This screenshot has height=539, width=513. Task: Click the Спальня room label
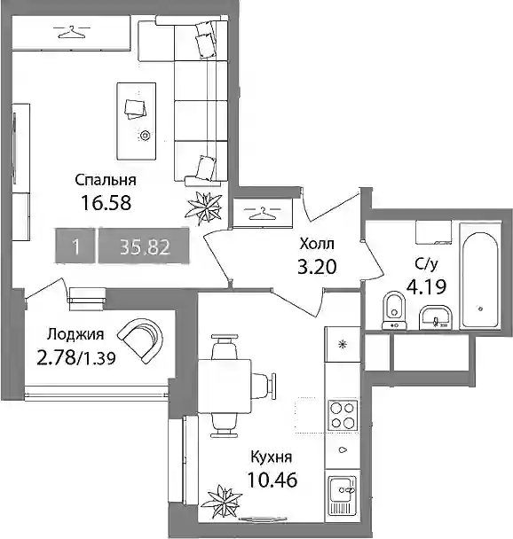pos(106,180)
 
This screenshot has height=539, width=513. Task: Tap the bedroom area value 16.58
pos(106,203)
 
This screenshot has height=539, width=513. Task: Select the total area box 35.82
pos(144,246)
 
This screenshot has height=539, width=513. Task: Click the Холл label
pos(317,244)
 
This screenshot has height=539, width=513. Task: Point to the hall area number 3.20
pos(317,267)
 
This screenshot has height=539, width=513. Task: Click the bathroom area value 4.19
pos(427,286)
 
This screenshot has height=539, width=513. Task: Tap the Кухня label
pos(272,457)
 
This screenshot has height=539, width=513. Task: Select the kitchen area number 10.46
pos(272,480)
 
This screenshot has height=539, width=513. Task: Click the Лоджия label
pos(75,334)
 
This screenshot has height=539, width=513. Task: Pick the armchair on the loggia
pos(141,340)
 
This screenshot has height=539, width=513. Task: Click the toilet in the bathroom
pos(394,310)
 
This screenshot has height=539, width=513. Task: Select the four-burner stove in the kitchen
pos(343,415)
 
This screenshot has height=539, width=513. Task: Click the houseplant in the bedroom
pos(204,208)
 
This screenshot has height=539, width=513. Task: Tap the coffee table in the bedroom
pos(137,121)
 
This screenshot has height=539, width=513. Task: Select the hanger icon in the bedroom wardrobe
pos(71,32)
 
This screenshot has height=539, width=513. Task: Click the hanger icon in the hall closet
pos(262,213)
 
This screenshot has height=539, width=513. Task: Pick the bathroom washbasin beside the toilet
pos(435,317)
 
